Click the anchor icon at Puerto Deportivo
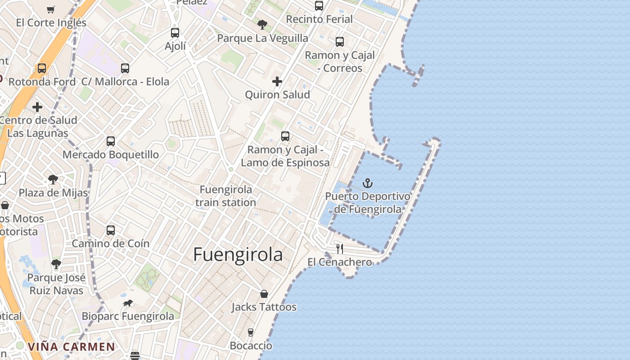point(368,183)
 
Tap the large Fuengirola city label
point(238,255)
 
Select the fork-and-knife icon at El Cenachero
point(340,248)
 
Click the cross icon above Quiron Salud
point(277,81)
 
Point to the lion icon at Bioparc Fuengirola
point(128,303)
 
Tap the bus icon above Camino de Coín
point(111,230)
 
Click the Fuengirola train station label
point(225,196)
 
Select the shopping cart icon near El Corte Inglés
point(51,9)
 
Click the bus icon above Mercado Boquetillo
point(111,141)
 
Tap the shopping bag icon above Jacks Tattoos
point(264,294)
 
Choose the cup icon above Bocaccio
point(251,333)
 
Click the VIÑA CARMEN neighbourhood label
point(71,347)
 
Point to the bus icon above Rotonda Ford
point(42,68)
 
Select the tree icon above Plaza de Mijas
point(53,180)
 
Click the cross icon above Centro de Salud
point(37,107)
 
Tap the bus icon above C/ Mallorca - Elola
point(125,68)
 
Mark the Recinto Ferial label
point(319,19)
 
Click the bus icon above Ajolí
point(175,33)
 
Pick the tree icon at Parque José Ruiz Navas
point(56,264)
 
